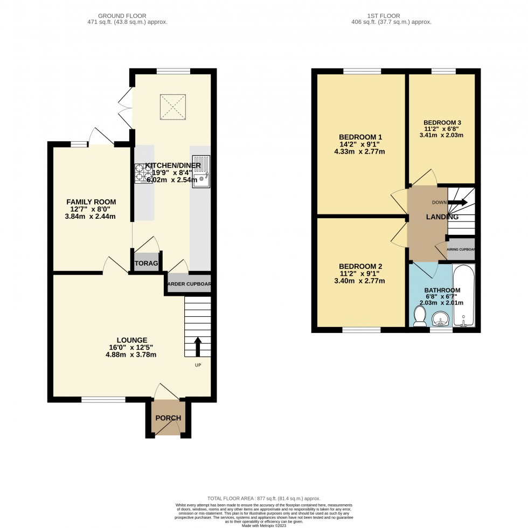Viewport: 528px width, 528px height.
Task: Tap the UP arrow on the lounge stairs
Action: coord(197,346)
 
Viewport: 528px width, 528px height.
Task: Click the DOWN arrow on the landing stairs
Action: coord(457,203)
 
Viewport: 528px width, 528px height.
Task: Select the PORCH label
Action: coord(168,418)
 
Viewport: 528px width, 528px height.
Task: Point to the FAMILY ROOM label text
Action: coord(92,202)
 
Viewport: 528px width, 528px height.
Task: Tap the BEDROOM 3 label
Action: coord(442,122)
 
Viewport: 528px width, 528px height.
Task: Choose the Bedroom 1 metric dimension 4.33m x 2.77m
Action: coord(359,151)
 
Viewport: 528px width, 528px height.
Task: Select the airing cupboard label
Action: coord(461,250)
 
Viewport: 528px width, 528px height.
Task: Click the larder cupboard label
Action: coord(189,284)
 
